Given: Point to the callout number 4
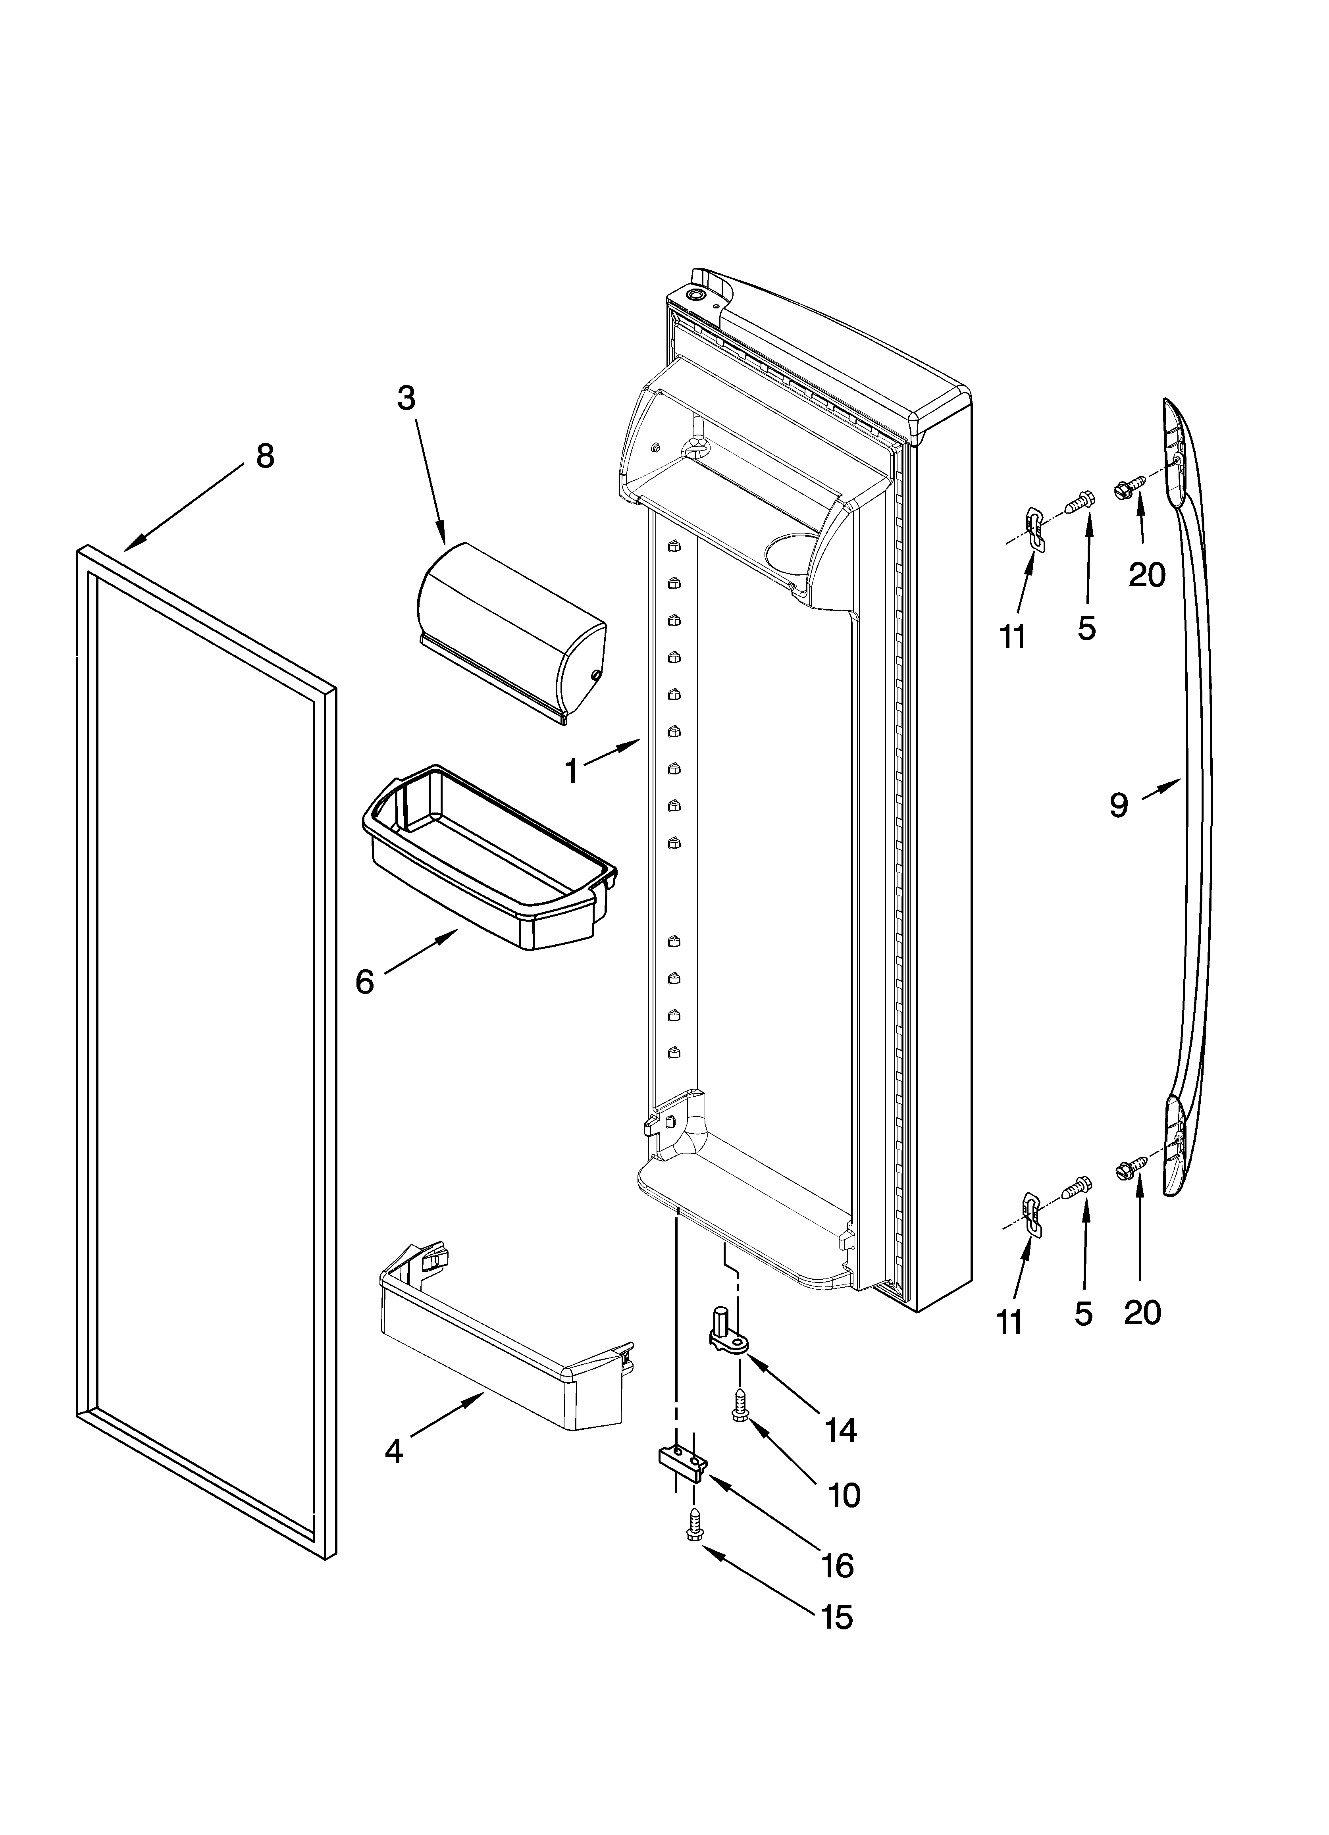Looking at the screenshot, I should coord(393,1452).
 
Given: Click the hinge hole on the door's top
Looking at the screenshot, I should coord(695,297).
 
